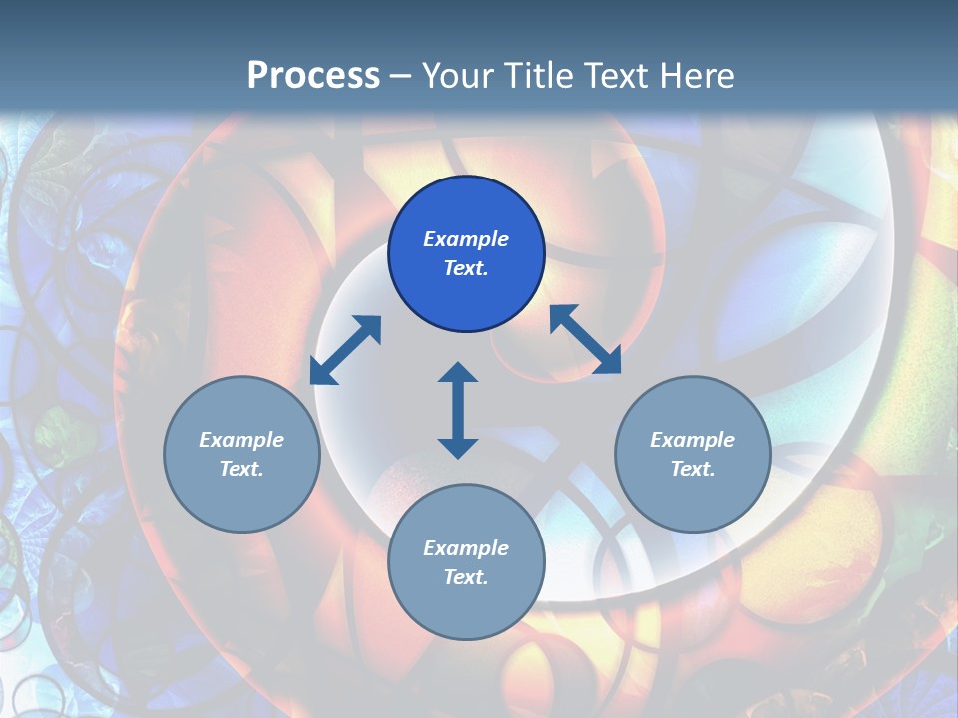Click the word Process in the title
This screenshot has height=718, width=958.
(313, 76)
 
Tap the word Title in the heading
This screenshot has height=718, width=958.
(543, 76)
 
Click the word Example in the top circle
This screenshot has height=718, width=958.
(466, 239)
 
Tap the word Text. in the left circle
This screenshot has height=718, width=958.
(241, 469)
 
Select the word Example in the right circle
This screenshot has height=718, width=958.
(693, 440)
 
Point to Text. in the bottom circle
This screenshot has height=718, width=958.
(466, 577)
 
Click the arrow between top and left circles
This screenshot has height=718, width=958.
(345, 350)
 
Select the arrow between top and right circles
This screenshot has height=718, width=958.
(585, 339)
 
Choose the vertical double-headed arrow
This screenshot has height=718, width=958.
(458, 410)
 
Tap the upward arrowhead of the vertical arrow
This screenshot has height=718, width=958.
(458, 373)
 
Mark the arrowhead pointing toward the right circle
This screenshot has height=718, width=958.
(606, 360)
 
